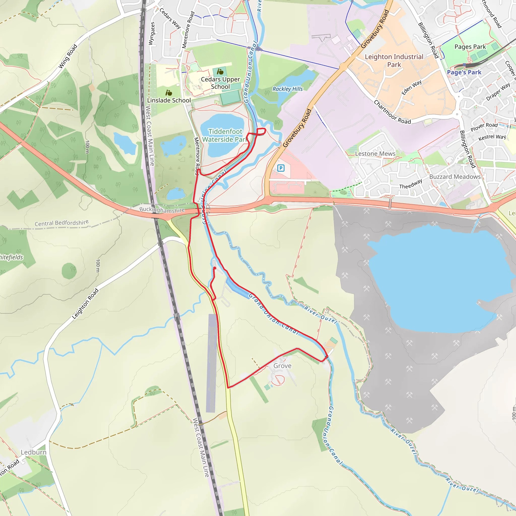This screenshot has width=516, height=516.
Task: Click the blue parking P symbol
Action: [281, 168]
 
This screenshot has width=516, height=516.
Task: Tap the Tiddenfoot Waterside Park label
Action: [225, 135]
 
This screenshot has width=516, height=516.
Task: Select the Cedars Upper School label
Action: [220, 83]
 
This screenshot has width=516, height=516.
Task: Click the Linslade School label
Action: [169, 101]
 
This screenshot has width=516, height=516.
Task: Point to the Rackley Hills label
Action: [287, 89]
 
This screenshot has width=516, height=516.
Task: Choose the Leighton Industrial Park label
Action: [394, 61]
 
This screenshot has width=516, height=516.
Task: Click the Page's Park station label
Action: [464, 72]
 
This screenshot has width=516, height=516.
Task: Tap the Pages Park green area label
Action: [470, 47]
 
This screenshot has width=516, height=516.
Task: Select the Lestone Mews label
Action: [375, 154]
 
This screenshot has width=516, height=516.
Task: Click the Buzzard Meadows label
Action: [455, 177]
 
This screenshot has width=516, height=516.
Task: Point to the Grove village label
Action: [282, 366]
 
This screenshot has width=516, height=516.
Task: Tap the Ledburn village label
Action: [34, 452]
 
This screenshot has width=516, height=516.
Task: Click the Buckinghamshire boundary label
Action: [162, 210]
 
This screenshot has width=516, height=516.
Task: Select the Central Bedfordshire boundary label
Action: [62, 223]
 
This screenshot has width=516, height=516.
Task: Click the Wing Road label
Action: [68, 56]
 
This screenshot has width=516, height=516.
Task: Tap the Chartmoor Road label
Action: [392, 112]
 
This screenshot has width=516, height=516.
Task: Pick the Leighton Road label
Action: [85, 304]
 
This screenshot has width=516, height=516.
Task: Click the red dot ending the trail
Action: [214, 268]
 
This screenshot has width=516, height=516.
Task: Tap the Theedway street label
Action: [410, 184]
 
